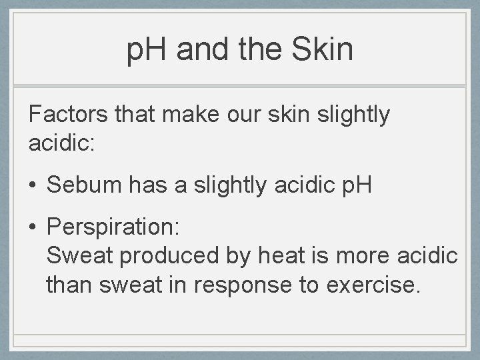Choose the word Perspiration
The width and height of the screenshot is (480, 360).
pos(112,228)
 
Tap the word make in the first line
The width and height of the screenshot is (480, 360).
pos(203,115)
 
